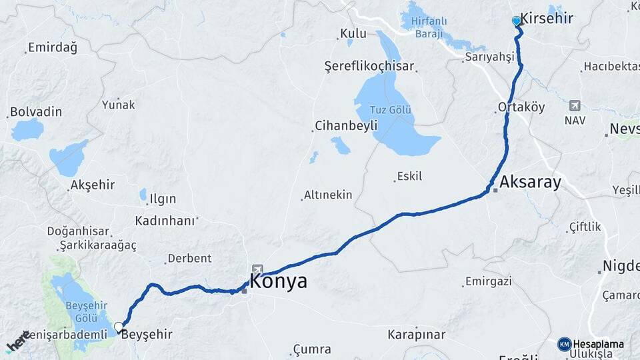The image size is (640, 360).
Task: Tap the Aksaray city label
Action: [x=530, y=182]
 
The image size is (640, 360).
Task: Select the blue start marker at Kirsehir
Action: [x=516, y=21]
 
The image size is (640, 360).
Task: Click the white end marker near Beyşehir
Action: [x=119, y=327]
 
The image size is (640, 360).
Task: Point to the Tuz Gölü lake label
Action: [x=391, y=109]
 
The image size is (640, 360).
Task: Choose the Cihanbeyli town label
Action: [x=346, y=125]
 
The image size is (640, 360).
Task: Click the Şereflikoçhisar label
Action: [x=369, y=67]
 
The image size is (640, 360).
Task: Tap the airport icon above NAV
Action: [x=575, y=105]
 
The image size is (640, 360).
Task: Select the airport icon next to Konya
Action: [x=257, y=269]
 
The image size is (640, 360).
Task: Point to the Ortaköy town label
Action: [x=521, y=107]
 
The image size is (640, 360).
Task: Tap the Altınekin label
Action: [x=327, y=195]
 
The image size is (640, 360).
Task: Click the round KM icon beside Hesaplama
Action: [x=565, y=344]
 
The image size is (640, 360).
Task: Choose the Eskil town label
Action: [x=409, y=176]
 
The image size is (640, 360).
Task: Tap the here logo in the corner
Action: [x=18, y=341]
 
